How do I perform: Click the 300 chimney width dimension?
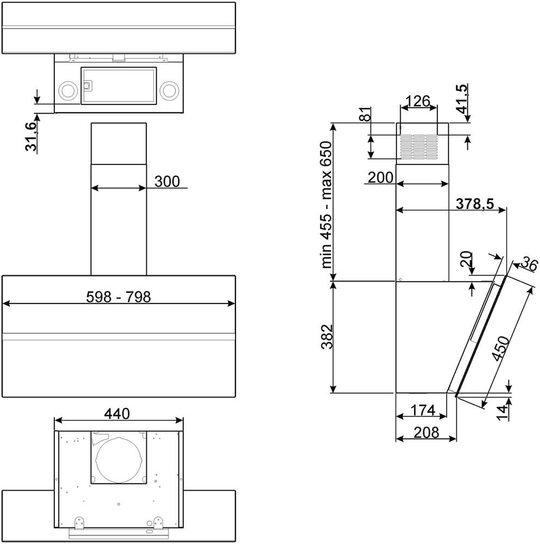[167, 182]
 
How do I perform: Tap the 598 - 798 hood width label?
[118, 297]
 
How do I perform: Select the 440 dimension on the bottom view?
[117, 413]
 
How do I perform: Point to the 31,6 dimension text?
[31, 137]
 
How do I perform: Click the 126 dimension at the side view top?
[418, 101]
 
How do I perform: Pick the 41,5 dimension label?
[462, 99]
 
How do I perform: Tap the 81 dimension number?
[365, 114]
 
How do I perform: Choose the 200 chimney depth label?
[381, 178]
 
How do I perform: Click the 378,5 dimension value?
[475, 203]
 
